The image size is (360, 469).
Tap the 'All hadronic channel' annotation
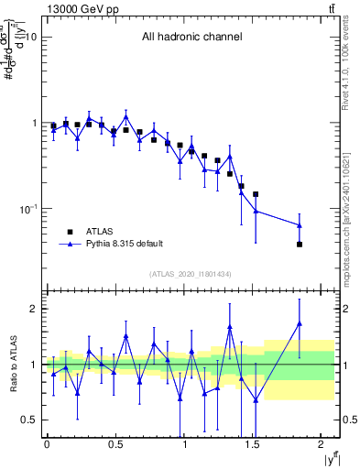point(191,38)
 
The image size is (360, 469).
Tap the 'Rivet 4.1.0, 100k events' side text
point(351,73)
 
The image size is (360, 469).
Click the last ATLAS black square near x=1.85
point(300,244)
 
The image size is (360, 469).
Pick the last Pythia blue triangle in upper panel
point(300,225)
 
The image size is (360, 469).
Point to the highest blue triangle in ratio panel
point(300,322)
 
